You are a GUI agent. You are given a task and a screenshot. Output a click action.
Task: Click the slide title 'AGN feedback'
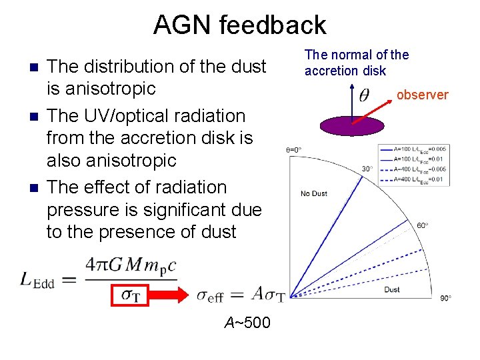(x=239, y=25)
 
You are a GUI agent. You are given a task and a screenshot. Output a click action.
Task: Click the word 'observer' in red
(x=422, y=95)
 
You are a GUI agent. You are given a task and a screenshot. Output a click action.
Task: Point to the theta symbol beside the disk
(x=364, y=95)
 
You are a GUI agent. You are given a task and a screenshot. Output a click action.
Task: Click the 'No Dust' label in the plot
(x=314, y=193)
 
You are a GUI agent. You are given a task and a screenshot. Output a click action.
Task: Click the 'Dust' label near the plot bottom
(x=392, y=289)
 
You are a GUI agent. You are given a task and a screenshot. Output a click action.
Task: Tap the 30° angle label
(x=367, y=169)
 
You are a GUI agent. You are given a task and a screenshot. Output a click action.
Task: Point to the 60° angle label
(x=423, y=225)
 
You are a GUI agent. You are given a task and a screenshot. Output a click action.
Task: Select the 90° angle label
(x=445, y=298)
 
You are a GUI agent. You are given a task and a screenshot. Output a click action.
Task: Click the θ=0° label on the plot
(x=294, y=149)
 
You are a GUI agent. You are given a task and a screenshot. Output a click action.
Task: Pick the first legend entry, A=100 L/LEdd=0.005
(x=412, y=149)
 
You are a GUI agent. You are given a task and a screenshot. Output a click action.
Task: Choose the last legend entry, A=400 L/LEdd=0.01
(x=412, y=179)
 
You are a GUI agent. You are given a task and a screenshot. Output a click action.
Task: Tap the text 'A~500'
(x=247, y=323)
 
